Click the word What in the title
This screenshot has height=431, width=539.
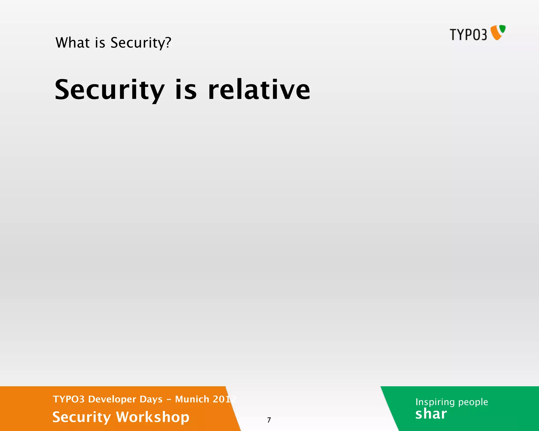[72, 43]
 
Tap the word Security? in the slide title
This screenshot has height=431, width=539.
[141, 43]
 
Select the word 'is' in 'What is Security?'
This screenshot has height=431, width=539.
[100, 43]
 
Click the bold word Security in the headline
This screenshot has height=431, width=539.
[109, 90]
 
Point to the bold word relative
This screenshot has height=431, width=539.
[259, 90]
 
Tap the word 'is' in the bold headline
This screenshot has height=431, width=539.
[186, 90]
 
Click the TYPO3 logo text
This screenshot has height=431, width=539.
[468, 35]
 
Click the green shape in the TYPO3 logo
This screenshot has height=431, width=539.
[503, 29]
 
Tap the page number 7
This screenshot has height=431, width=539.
[269, 420]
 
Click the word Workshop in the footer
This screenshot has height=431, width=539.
[153, 417]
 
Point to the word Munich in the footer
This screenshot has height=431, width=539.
[192, 399]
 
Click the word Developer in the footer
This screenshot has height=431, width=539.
[112, 399]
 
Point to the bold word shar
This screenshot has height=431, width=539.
[431, 414]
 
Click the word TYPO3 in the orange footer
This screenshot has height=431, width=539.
[68, 399]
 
